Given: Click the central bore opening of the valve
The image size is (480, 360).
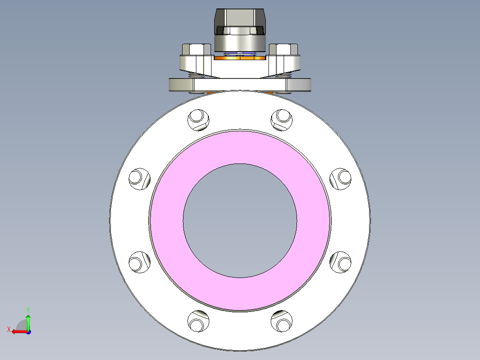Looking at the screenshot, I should click(240, 221).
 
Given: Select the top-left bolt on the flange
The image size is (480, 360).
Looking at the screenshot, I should click(198, 119).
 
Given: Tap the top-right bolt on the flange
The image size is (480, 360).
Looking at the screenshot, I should click(282, 119).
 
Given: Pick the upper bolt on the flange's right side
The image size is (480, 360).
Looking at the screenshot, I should click(342, 178).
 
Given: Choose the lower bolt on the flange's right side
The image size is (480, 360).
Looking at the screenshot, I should click(342, 262).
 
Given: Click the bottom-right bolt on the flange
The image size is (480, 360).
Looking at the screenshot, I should click(282, 321).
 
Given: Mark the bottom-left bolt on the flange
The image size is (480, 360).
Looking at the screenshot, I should click(198, 321).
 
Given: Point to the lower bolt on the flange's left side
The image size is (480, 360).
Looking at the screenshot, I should click(139, 262).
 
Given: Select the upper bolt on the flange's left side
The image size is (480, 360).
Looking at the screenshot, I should click(139, 178).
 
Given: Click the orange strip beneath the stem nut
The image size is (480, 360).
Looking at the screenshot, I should click(240, 57).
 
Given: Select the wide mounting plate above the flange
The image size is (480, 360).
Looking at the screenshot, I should click(240, 85).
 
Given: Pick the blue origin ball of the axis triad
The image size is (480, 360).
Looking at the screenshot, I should click(28, 331).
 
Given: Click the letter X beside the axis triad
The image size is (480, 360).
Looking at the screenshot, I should click(8, 329).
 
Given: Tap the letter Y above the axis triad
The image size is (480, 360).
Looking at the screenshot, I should click(28, 309).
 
